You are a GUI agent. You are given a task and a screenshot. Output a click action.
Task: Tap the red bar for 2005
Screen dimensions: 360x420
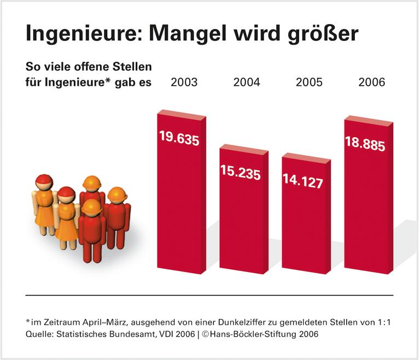(x=305, y=224)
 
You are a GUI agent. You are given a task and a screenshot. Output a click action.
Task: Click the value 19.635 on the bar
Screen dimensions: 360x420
(x=179, y=138)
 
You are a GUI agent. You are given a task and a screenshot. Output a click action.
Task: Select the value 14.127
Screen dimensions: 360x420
(x=303, y=180)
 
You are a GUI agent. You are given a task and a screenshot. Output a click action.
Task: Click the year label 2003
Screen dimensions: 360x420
(x=184, y=82)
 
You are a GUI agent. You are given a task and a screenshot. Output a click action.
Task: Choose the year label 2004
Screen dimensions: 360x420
(x=247, y=82)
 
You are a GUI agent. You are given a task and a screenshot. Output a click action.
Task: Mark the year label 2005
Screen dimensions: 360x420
(x=309, y=82)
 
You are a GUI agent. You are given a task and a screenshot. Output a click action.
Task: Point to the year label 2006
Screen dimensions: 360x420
(x=372, y=82)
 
